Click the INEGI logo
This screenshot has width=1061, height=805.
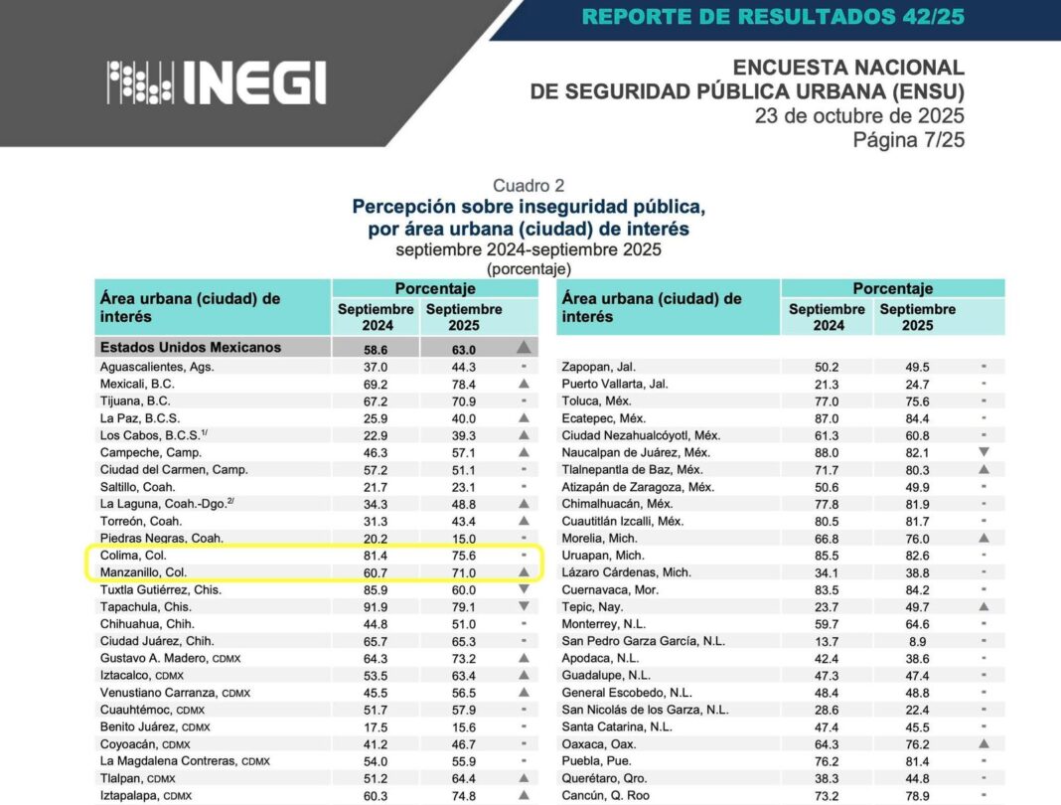(217, 82)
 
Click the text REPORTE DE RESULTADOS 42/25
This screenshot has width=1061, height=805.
(773, 17)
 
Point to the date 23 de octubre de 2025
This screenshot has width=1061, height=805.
(859, 116)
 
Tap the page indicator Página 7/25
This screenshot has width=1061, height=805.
(908, 140)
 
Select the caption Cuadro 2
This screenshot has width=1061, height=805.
(530, 186)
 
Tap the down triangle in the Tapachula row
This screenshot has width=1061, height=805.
(524, 606)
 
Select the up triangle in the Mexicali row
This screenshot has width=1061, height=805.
(524, 384)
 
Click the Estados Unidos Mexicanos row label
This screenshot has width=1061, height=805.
(190, 348)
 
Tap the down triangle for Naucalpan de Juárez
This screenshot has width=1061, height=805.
(984, 452)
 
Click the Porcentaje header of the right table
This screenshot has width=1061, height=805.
(892, 288)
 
